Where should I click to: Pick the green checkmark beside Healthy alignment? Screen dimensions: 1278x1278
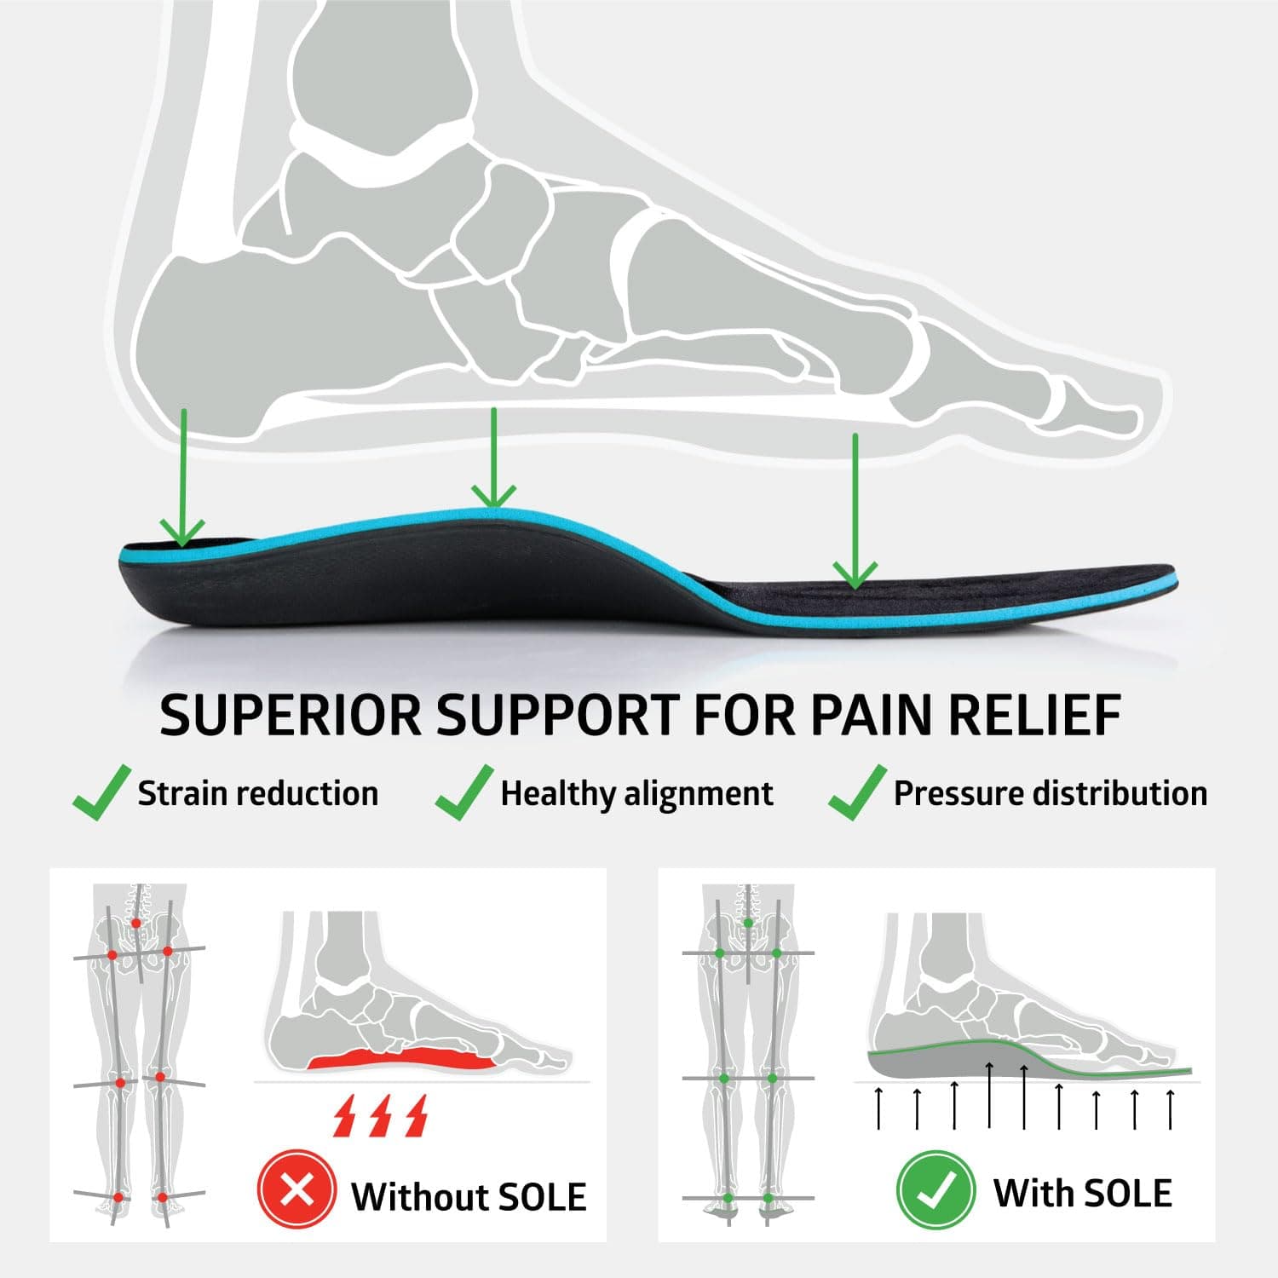[464, 793]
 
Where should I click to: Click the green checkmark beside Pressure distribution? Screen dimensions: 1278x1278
[858, 793]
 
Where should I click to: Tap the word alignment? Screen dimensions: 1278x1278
[699, 795]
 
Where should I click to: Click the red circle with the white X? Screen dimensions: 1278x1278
[296, 1189]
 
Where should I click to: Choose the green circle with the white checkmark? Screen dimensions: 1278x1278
[935, 1190]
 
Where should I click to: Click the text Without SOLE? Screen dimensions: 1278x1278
[469, 1196]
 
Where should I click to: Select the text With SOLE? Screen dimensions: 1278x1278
[1082, 1193]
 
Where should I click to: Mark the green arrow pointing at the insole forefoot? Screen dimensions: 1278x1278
[855, 511]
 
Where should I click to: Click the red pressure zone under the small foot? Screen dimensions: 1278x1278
[400, 1060]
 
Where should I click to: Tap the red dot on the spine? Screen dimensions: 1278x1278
[135, 923]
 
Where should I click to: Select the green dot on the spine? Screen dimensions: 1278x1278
[748, 923]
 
